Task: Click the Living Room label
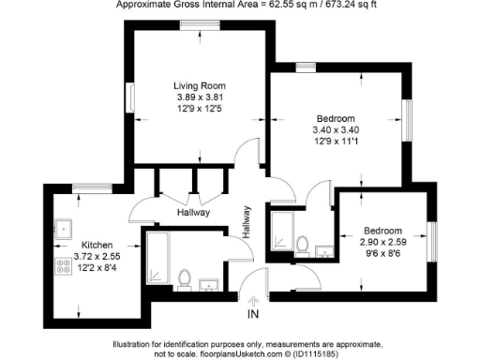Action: tap(201, 85)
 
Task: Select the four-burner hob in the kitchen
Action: tap(66, 265)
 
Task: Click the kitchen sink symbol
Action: tap(65, 227)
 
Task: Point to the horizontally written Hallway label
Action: tap(192, 213)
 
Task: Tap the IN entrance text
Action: tap(252, 314)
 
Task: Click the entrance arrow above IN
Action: tap(252, 300)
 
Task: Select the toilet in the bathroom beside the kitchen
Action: tap(185, 278)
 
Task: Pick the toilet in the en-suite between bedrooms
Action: tap(303, 246)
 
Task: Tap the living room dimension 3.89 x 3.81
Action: tap(201, 97)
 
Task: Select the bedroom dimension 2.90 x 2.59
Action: tap(382, 242)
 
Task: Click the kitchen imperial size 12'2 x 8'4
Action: tap(98, 266)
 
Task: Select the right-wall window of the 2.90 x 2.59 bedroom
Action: tap(432, 240)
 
